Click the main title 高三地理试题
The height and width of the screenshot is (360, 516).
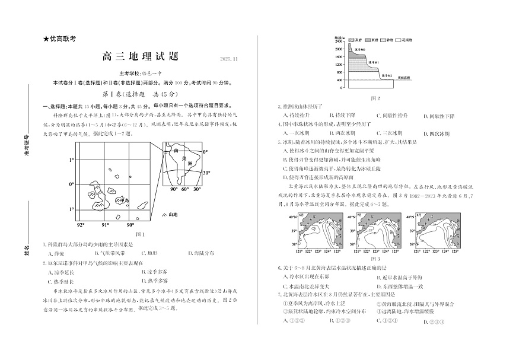click(140, 57)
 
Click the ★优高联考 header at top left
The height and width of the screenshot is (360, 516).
click(60, 40)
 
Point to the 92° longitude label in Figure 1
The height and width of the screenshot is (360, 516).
click(81, 225)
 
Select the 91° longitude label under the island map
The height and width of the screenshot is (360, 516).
click(105, 225)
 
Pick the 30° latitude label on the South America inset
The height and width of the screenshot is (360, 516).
click(206, 173)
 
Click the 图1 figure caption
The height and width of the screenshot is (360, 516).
click(141, 234)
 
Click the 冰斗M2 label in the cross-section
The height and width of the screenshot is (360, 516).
click(386, 75)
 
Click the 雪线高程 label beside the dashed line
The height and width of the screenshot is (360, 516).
click(405, 78)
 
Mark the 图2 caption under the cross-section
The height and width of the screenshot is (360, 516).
click(375, 98)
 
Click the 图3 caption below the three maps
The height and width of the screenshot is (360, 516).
click(375, 259)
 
